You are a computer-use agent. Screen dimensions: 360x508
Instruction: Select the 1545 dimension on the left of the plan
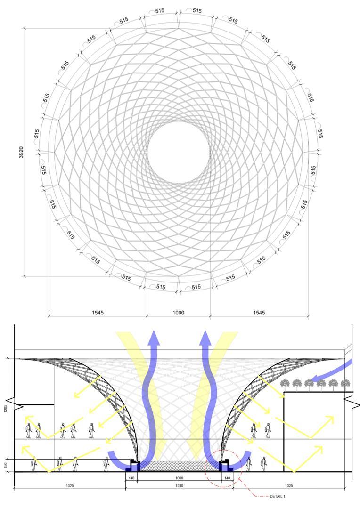coord(98,313)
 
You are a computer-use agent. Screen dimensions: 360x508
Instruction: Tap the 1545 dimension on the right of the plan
coord(259,313)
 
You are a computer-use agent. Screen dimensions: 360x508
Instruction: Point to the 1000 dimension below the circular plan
coord(179,313)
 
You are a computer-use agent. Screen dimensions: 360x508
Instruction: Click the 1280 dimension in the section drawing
coord(179,486)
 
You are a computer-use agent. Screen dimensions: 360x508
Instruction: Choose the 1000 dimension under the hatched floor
coord(179,478)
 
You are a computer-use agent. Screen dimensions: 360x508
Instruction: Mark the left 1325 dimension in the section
coord(70,486)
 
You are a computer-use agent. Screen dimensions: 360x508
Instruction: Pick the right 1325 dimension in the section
coord(289,486)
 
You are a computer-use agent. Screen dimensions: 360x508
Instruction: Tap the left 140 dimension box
coord(131,478)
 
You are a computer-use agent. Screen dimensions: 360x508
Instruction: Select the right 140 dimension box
coord(227,478)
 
